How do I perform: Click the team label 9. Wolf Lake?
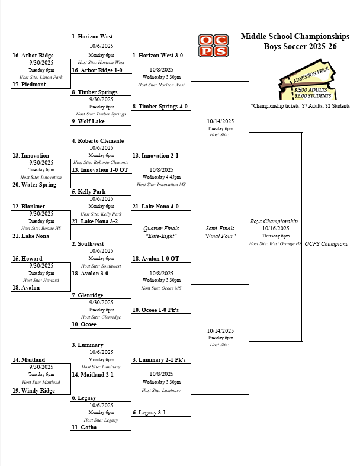click(88, 121)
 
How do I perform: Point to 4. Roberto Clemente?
click(98, 141)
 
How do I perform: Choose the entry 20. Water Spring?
click(34, 185)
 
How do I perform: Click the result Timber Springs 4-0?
click(160, 107)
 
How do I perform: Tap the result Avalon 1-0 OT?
click(155, 258)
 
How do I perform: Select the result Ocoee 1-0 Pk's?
click(156, 310)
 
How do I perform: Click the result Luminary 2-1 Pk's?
click(159, 359)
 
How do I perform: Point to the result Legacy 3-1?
click(149, 412)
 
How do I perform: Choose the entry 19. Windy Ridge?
click(34, 391)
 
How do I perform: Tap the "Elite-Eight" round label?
click(161, 236)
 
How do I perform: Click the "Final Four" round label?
click(220, 236)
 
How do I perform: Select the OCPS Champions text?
click(327, 243)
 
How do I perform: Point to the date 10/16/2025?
click(275, 229)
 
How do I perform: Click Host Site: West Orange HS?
click(275, 243)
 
